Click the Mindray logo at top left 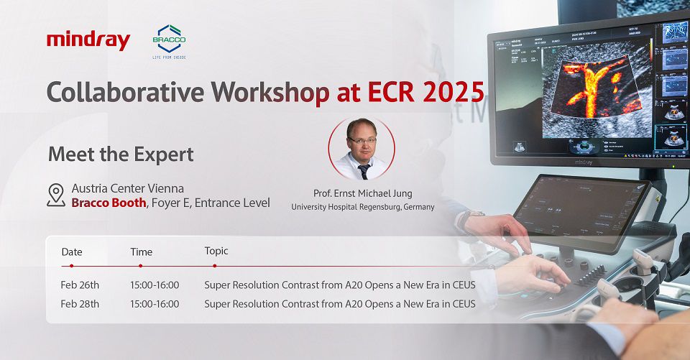click(x=88, y=41)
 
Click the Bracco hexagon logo click(x=170, y=38)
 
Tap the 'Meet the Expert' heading click(x=120, y=154)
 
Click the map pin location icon click(x=55, y=195)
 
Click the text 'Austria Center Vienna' click(x=127, y=188)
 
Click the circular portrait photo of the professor click(x=362, y=149)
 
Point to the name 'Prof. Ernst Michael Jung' click(x=362, y=193)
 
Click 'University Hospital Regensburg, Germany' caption click(x=362, y=207)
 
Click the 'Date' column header click(x=72, y=251)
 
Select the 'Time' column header click(x=141, y=251)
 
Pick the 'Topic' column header click(x=216, y=251)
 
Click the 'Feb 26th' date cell click(x=80, y=285)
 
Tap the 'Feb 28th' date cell click(x=80, y=304)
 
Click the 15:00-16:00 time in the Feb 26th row click(x=155, y=285)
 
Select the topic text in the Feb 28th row click(x=339, y=304)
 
